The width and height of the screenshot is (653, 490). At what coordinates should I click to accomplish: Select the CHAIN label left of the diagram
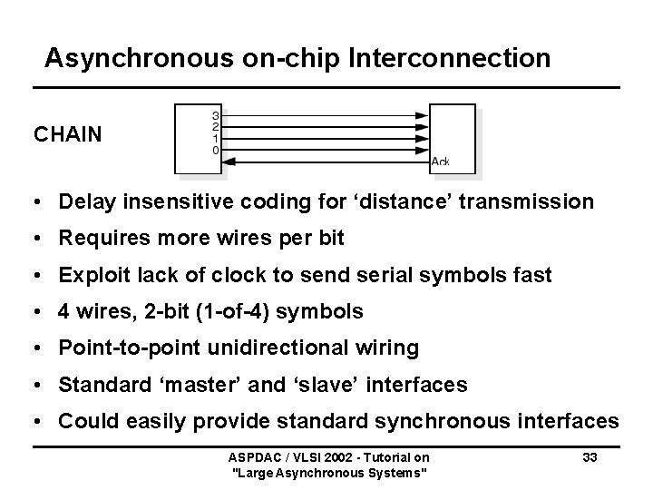68,135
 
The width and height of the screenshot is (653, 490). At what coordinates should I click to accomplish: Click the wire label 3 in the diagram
215,116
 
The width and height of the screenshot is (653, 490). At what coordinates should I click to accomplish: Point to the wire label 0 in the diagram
215,150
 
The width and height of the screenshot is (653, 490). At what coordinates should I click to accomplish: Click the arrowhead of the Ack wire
229,162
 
